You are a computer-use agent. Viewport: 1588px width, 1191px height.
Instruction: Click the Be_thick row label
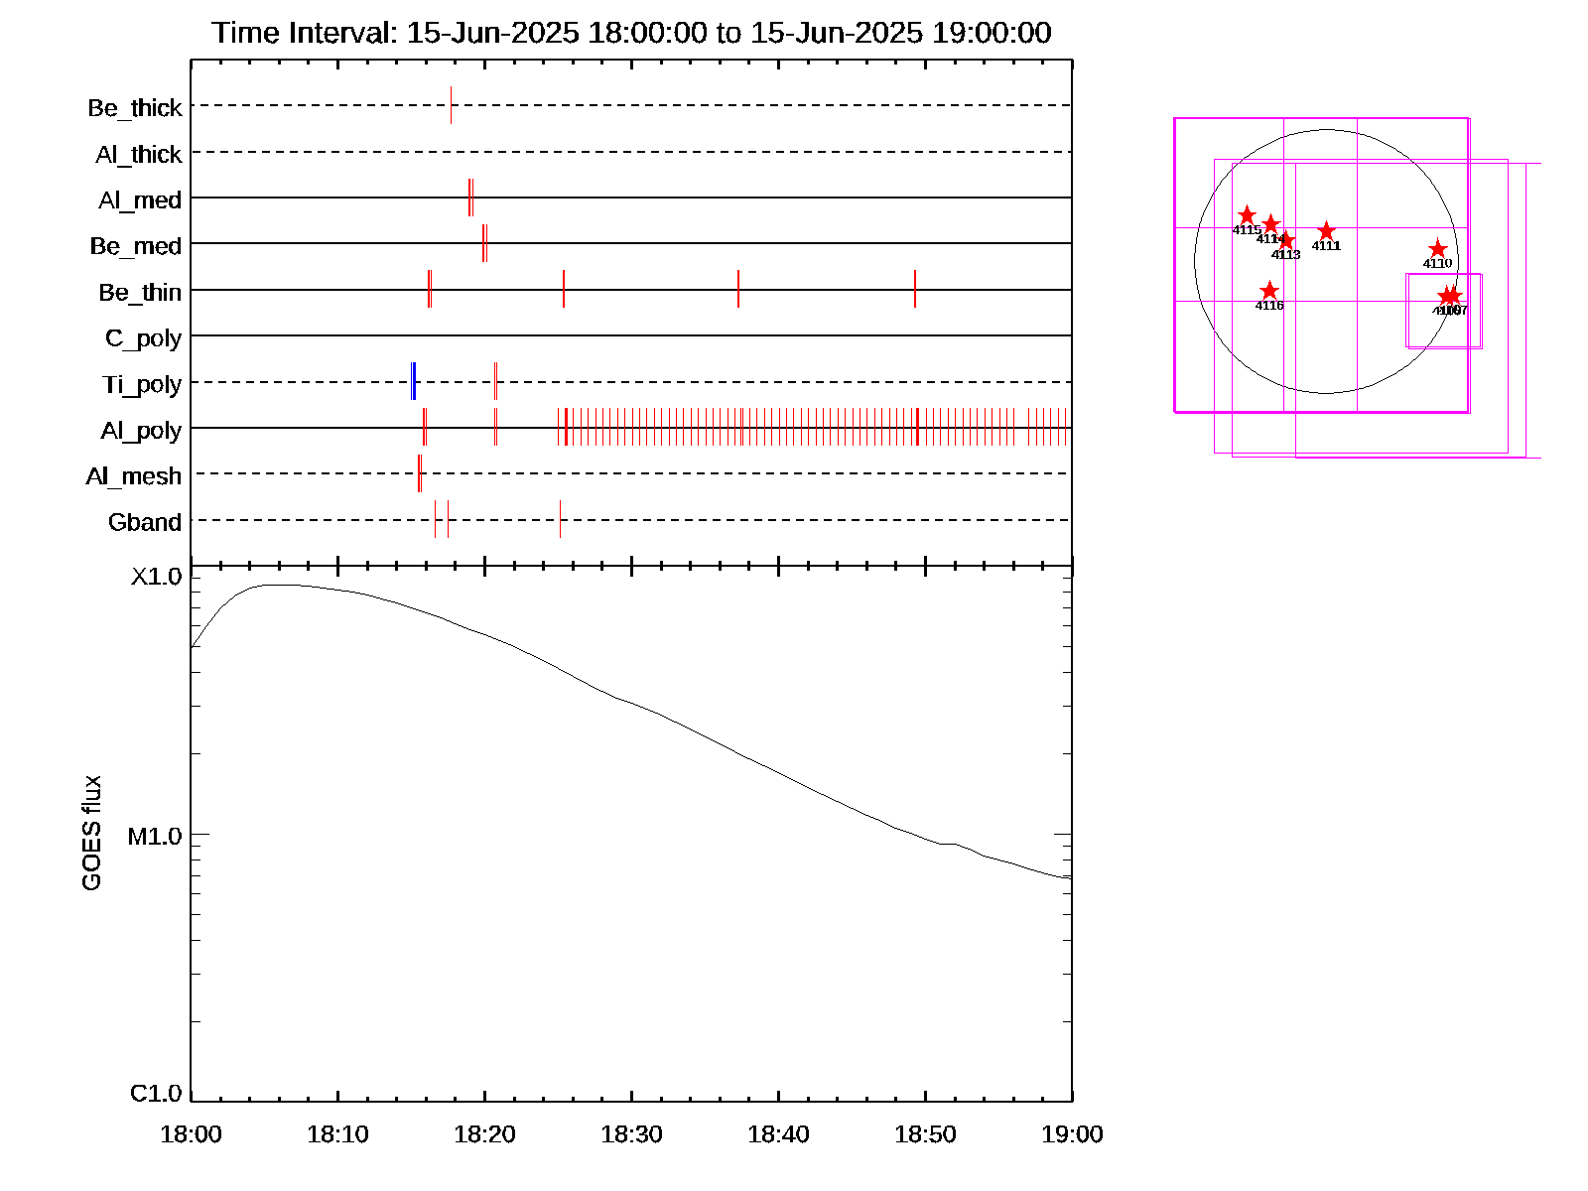point(135,107)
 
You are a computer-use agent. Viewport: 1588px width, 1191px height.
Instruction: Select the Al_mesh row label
point(134,476)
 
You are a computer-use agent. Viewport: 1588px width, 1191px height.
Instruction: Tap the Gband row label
point(145,522)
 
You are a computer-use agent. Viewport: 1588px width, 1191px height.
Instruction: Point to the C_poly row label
point(144,338)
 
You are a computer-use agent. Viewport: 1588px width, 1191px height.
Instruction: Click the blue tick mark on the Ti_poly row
point(413,382)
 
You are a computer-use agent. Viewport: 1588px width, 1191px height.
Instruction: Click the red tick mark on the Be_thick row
point(451,105)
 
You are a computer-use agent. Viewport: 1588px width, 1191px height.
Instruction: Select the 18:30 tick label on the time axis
point(631,1134)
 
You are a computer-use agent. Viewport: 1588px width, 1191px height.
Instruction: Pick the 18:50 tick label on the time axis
point(925,1134)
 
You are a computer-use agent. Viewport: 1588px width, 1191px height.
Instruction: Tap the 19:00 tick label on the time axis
point(1072,1134)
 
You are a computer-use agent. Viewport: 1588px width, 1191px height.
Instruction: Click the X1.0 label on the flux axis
point(157,577)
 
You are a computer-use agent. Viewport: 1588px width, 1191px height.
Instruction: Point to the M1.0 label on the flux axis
point(156,837)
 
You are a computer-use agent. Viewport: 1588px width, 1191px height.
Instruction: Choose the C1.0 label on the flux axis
point(157,1094)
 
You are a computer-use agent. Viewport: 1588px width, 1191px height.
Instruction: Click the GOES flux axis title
point(92,834)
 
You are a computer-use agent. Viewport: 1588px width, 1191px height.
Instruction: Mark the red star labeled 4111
point(1326,231)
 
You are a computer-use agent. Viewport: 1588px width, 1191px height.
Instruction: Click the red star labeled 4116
point(1269,291)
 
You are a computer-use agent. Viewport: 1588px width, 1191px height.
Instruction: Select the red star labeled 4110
point(1437,249)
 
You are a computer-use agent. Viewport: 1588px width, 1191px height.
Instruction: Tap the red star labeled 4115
point(1247,215)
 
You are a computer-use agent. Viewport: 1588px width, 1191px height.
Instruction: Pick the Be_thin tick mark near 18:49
point(915,289)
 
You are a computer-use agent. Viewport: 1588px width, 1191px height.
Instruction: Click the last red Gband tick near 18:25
point(560,519)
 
